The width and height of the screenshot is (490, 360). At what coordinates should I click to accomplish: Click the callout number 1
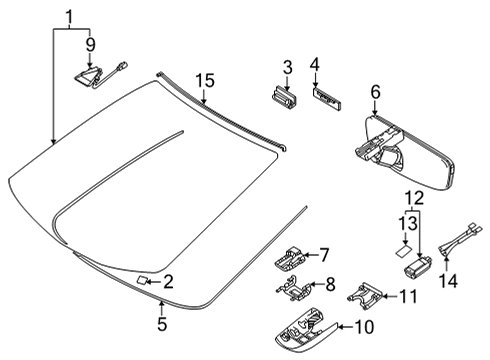point(69,16)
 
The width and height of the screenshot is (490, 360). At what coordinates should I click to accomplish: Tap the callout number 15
point(204,79)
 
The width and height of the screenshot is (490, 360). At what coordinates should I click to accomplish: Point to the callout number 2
point(168,283)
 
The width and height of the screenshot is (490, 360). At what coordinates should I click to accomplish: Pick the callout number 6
point(375,92)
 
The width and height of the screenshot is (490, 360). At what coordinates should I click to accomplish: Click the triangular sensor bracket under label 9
point(91,72)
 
